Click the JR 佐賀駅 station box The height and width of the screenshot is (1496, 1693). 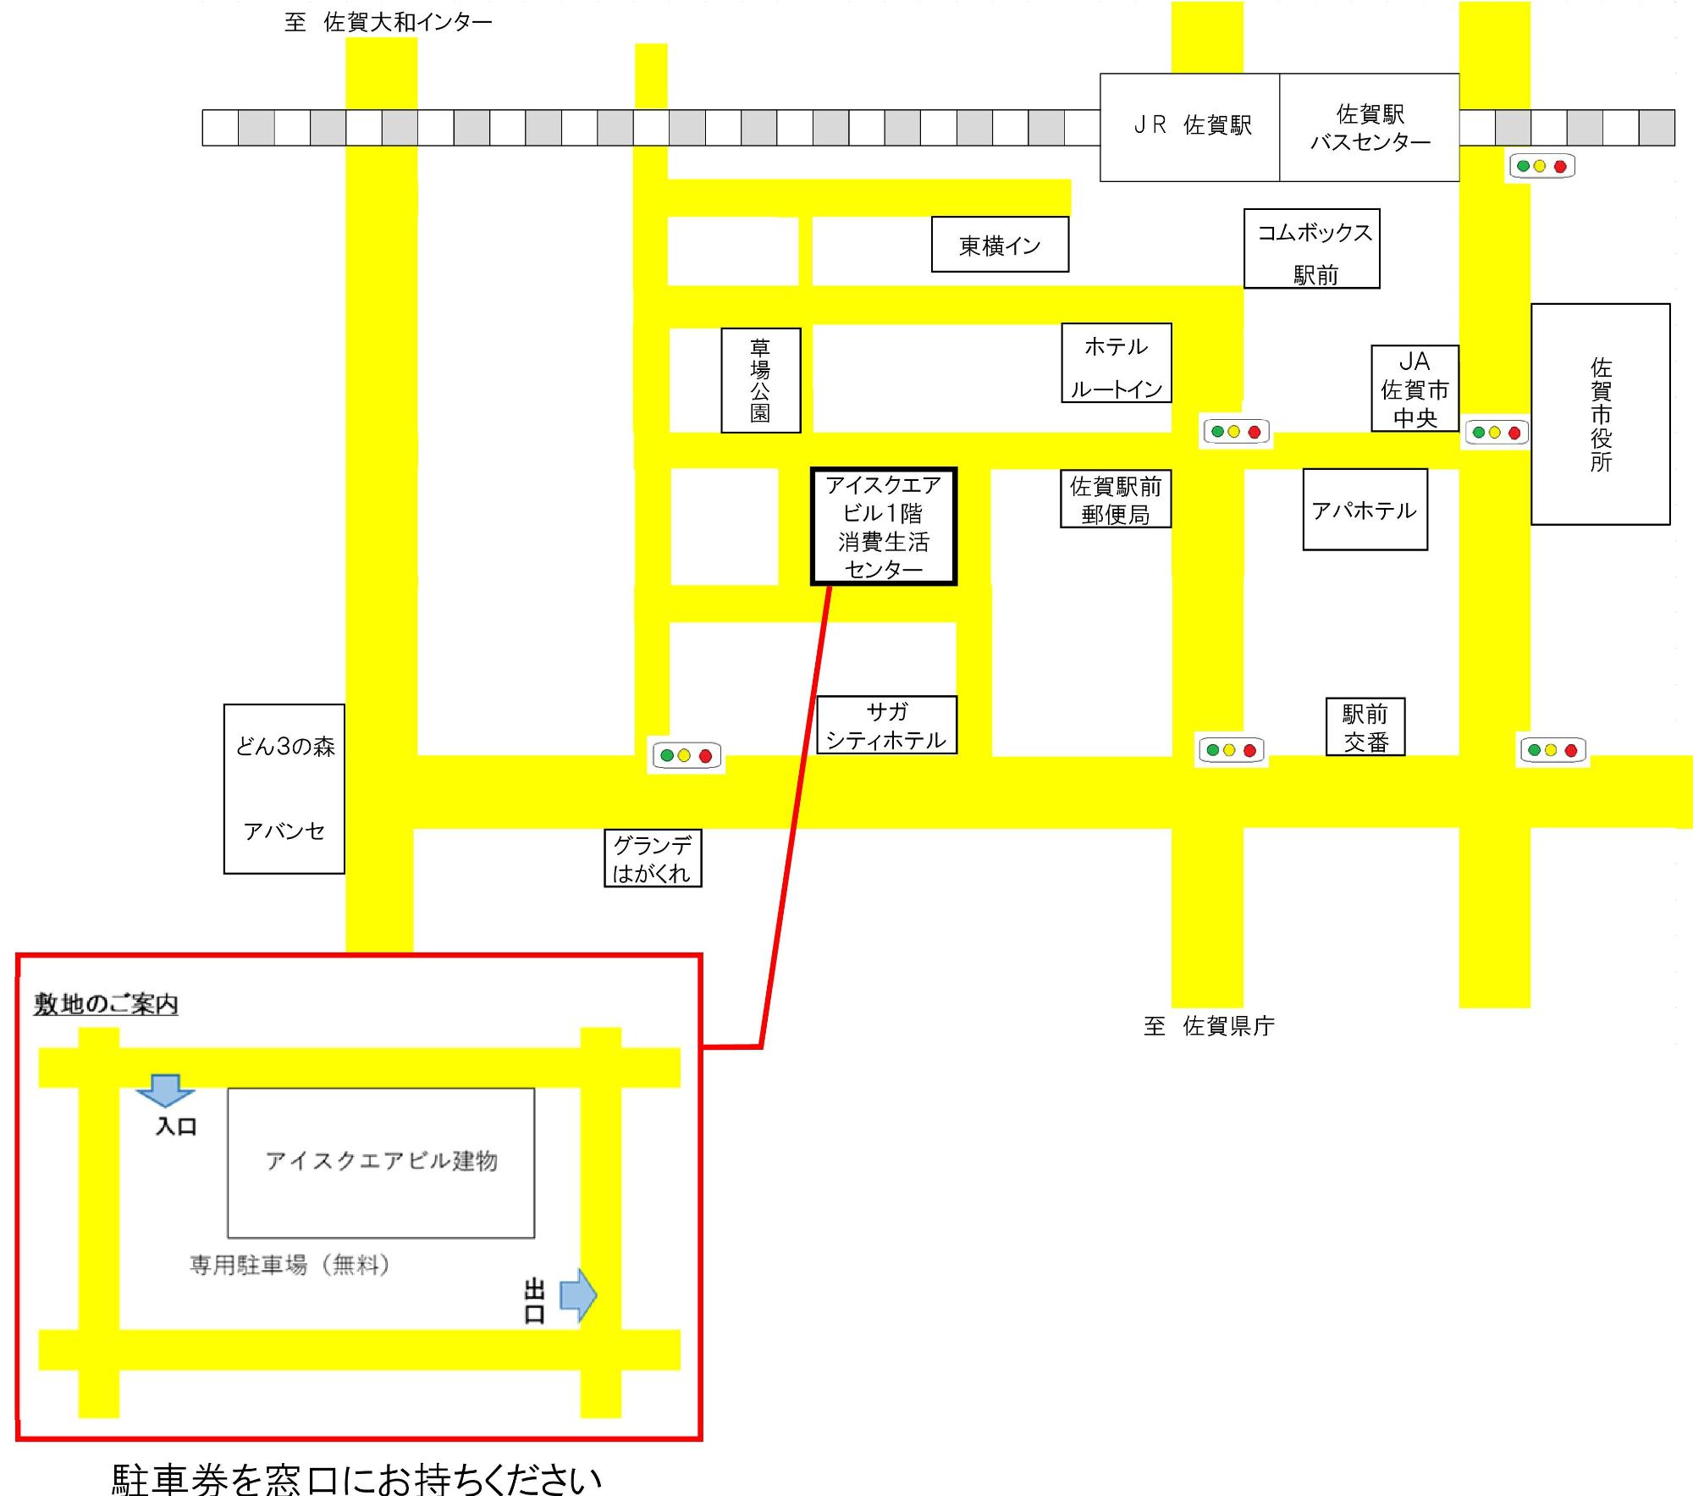[1189, 127]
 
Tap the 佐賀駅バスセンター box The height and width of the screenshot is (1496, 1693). [1370, 127]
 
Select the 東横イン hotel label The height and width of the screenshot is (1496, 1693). [1000, 245]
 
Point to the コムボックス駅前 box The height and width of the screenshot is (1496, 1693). [1312, 249]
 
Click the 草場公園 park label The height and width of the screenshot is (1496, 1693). [761, 380]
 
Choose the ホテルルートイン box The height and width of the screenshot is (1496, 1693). [1117, 362]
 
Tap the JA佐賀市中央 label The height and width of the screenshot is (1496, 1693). [1415, 389]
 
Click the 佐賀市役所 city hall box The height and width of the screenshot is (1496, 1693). [1601, 414]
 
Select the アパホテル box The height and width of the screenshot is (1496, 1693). [1365, 510]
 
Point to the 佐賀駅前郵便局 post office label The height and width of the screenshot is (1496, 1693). [1116, 500]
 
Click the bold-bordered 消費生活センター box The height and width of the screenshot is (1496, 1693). [884, 526]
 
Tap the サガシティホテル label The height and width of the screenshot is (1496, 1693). [886, 726]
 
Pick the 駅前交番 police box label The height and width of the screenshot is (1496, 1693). [1365, 727]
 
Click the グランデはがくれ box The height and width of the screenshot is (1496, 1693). [653, 858]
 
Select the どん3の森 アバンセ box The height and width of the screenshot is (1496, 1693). [284, 788]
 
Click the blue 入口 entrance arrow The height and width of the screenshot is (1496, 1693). [166, 1090]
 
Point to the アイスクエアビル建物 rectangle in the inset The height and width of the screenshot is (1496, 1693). [381, 1162]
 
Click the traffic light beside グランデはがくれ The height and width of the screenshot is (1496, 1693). [687, 755]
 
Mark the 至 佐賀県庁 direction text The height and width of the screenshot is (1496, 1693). [1209, 1026]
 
